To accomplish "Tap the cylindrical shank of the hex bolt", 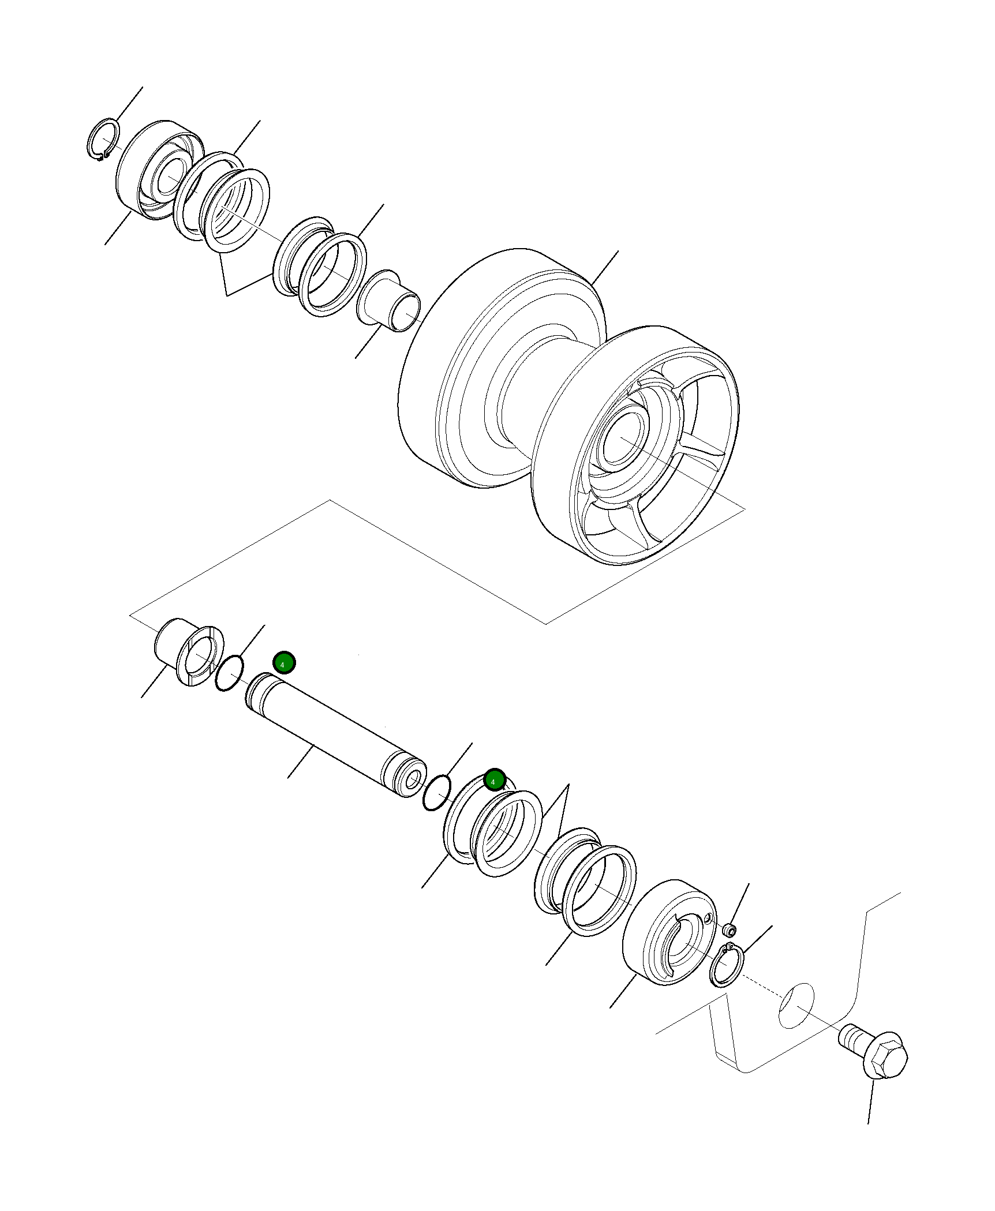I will (851, 1038).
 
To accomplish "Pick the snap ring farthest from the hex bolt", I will (103, 139).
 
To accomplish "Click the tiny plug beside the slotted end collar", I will (730, 931).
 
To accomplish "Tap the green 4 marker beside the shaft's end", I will (284, 663).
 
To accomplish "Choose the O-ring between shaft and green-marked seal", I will (436, 793).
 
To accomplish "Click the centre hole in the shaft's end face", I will (413, 782).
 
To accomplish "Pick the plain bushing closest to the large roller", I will (389, 301).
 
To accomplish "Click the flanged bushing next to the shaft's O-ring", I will (190, 655).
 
